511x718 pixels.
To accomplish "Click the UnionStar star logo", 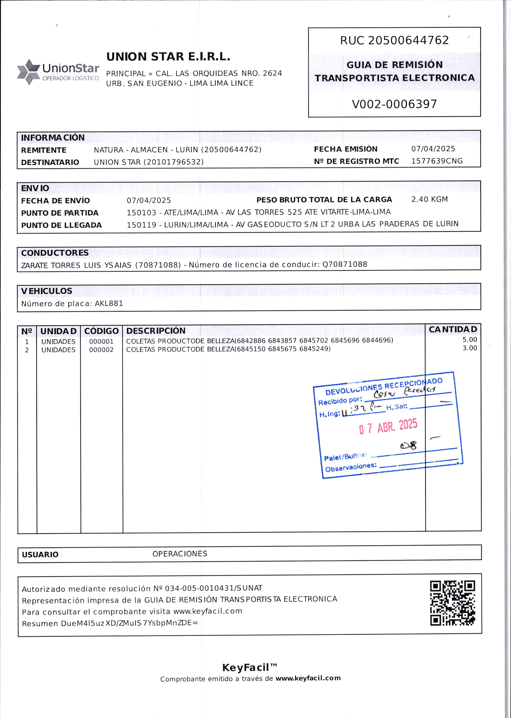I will [29, 72].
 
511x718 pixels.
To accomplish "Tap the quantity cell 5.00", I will [469, 340].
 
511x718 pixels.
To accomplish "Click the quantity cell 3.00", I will [469, 348].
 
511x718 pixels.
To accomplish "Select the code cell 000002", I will [101, 350].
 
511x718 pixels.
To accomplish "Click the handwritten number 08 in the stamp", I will [408, 445].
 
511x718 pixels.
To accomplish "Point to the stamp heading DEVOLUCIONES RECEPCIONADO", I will [384, 387].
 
